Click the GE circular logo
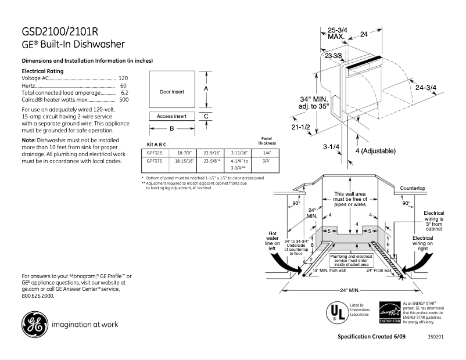pyautogui.click(x=34, y=325)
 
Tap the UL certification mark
pyautogui.click(x=336, y=312)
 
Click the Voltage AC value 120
pyautogui.click(x=123, y=78)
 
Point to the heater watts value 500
pyautogui.click(x=123, y=100)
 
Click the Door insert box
pyautogui.click(x=171, y=91)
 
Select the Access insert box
pyautogui.click(x=171, y=116)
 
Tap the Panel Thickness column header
pyautogui.click(x=267, y=141)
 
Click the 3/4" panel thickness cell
pyautogui.click(x=267, y=161)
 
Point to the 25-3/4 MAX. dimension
pyautogui.click(x=337, y=33)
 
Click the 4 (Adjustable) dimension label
pyautogui.click(x=375, y=151)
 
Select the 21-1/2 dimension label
pyautogui.click(x=301, y=127)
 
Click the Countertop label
pyautogui.click(x=413, y=189)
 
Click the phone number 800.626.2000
pyautogui.click(x=38, y=296)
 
